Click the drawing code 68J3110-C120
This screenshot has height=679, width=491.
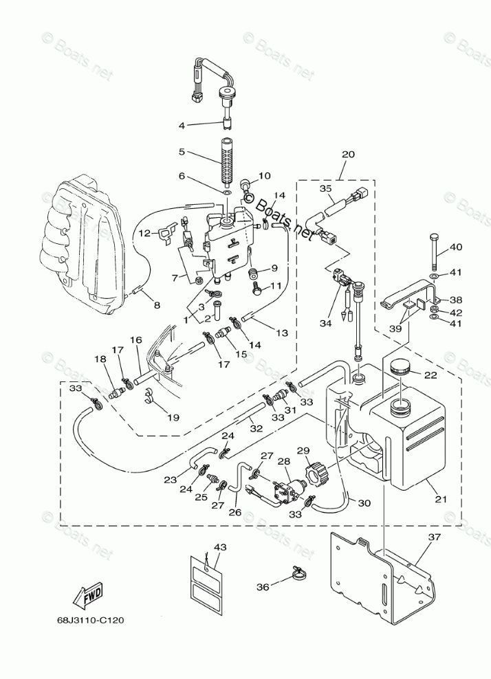coord(91,620)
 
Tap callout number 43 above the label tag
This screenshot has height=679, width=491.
coord(220,547)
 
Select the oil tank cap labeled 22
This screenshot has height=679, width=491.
coord(400,368)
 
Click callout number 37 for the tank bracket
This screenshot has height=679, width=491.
coord(434,537)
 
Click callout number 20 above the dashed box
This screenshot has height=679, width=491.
coord(348,155)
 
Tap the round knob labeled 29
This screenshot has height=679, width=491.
coord(313,471)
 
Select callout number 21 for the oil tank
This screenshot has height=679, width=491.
coord(441,500)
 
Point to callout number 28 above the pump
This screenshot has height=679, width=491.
coord(284,462)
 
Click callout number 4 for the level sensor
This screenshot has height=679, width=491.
coord(182,126)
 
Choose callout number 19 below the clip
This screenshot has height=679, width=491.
coord(173,417)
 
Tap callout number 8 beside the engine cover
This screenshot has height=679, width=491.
coord(157,306)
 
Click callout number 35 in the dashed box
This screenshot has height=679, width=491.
coord(325,188)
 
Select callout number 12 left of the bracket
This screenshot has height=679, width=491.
coord(144,233)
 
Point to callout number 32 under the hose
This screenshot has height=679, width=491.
coord(256,428)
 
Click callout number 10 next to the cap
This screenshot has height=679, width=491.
coord(264,176)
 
